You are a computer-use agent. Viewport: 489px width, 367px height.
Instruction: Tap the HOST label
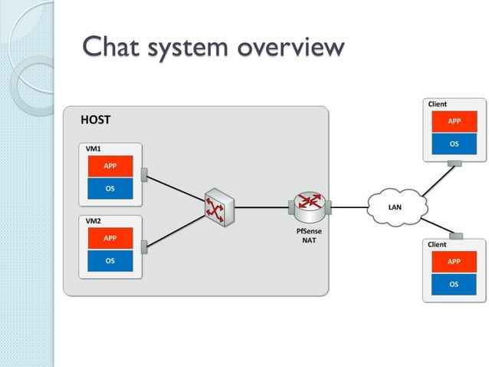click(96, 120)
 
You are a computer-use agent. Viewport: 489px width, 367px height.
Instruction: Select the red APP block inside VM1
click(110, 167)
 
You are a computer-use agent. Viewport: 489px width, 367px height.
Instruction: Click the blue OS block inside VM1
click(110, 189)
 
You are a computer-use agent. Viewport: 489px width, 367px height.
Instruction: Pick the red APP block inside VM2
click(110, 239)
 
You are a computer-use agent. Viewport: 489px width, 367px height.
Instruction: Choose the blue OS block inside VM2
click(110, 261)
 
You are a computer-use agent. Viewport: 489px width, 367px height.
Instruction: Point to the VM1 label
click(93, 147)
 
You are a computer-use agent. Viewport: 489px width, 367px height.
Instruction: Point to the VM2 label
click(93, 220)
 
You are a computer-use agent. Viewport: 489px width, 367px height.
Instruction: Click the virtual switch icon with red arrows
click(219, 205)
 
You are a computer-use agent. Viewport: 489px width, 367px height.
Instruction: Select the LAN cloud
click(395, 206)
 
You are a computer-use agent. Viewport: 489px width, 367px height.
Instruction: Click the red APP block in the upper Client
click(454, 121)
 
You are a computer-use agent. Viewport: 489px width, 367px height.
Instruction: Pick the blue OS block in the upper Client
click(454, 143)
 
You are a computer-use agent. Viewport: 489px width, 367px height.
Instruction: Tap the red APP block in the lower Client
click(454, 262)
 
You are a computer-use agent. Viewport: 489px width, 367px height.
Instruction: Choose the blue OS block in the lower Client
click(454, 284)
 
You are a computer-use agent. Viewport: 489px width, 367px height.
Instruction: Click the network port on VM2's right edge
click(143, 247)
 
